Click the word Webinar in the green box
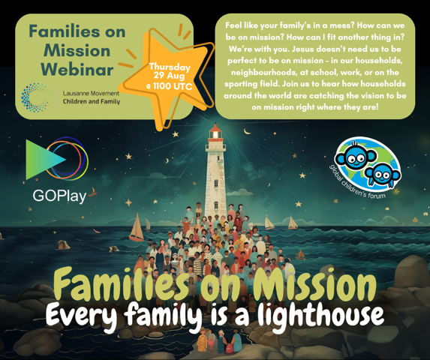click(x=77, y=69)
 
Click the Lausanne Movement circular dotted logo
click(x=36, y=97)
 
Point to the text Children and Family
click(x=92, y=102)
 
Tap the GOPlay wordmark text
click(x=59, y=196)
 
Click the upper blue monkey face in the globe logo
click(x=355, y=157)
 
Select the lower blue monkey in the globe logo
click(x=383, y=174)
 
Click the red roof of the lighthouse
click(x=215, y=128)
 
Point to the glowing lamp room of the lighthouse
click(x=216, y=135)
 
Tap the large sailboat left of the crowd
click(x=137, y=228)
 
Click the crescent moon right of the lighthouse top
click(x=248, y=132)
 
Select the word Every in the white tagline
click(x=82, y=314)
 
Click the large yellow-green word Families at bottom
click(x=122, y=283)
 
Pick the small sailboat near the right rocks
click(x=300, y=255)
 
